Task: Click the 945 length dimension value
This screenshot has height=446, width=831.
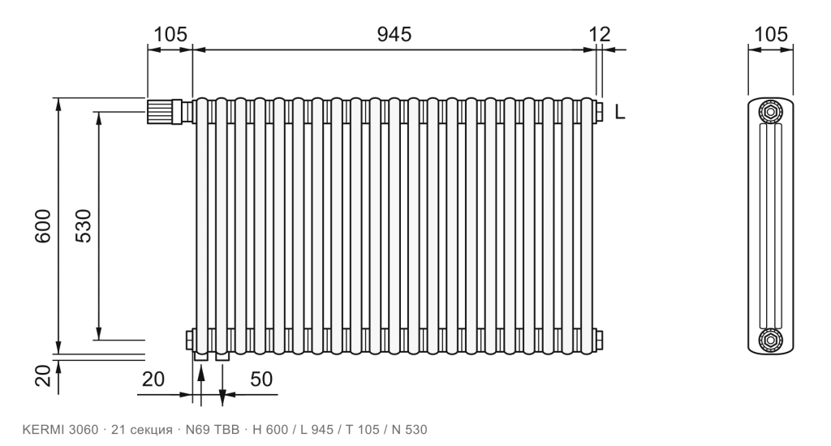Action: [394, 34]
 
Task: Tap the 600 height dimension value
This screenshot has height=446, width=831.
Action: [43, 226]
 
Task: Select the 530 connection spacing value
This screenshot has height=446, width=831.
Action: [84, 226]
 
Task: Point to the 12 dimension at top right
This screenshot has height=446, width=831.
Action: [600, 34]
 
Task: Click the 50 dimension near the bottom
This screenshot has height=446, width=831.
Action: [261, 380]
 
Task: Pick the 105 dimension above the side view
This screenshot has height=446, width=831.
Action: [771, 34]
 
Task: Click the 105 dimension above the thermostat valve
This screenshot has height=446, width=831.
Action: [170, 34]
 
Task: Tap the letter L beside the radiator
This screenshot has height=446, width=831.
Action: [620, 112]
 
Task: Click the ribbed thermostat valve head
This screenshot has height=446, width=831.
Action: [160, 111]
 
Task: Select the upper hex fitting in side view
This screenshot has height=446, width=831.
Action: [771, 111]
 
